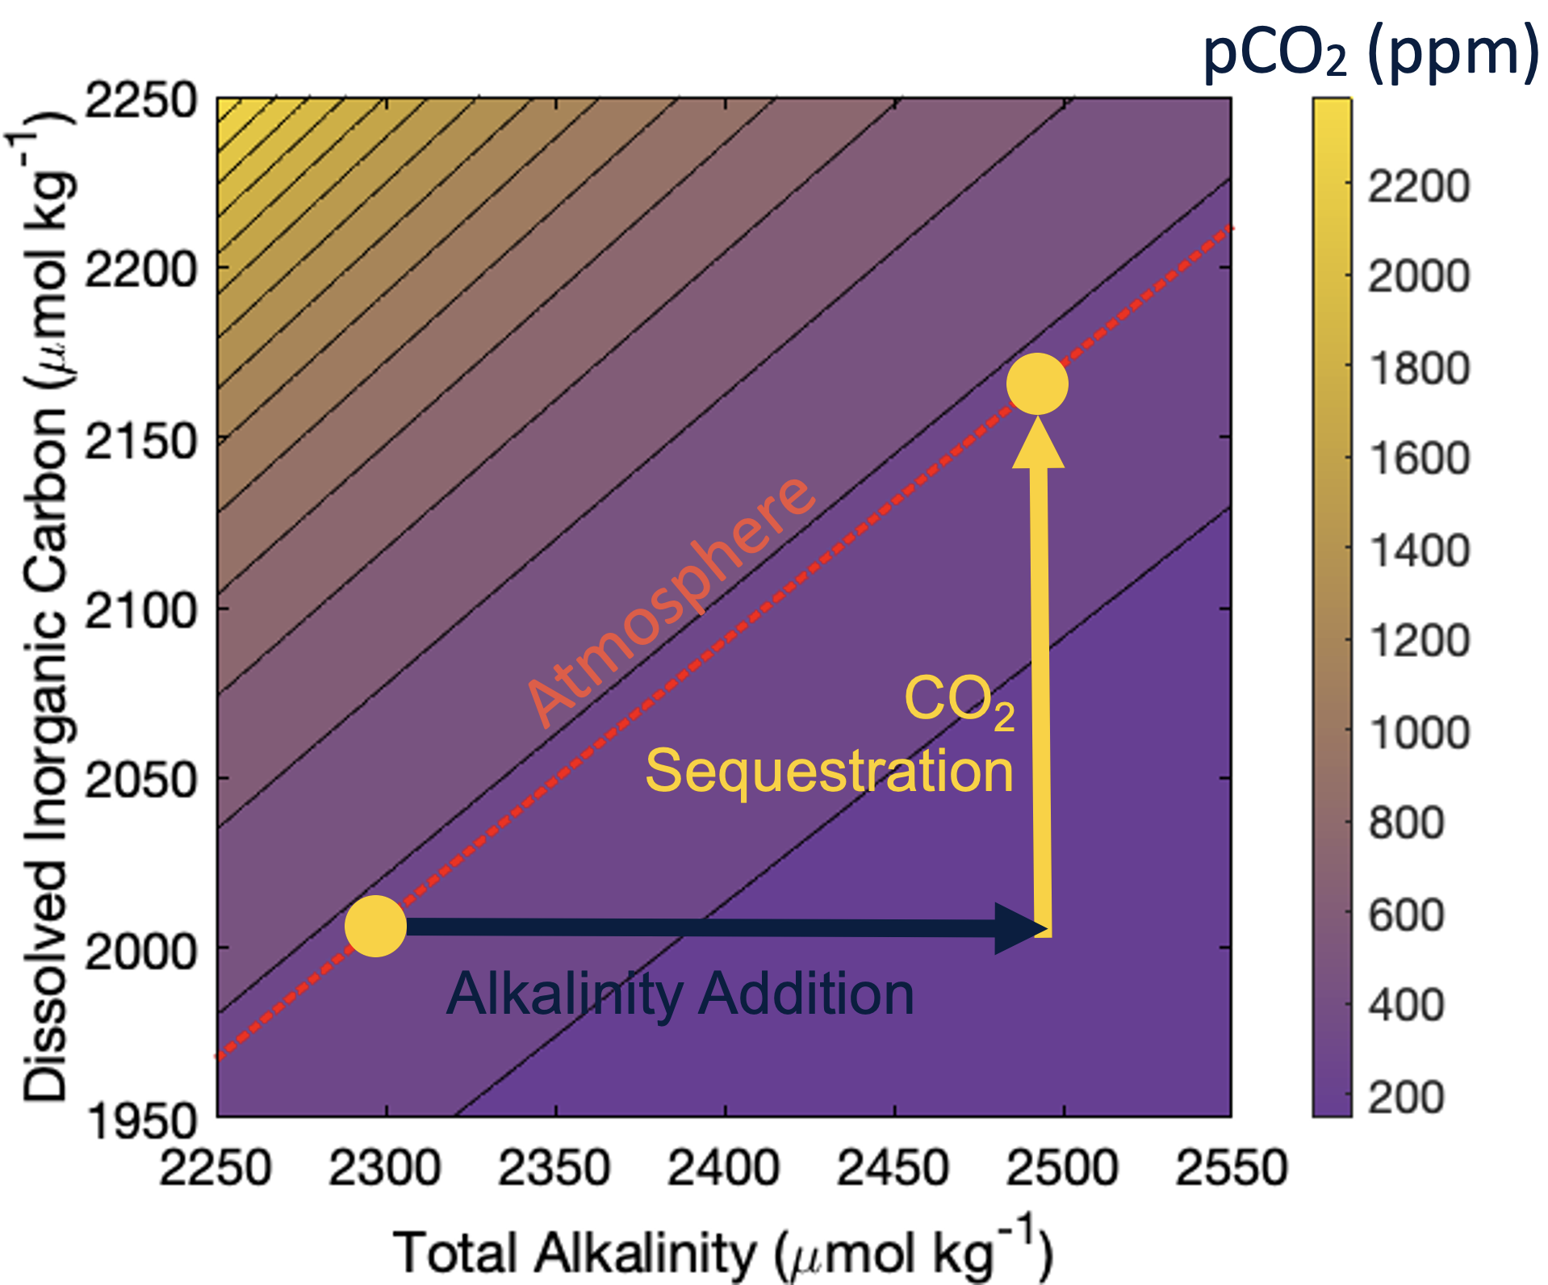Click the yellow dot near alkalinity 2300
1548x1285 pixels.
tap(375, 926)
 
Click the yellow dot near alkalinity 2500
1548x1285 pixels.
tap(1037, 383)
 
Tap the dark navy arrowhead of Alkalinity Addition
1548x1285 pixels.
tap(1021, 928)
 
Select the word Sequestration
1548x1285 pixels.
tap(829, 771)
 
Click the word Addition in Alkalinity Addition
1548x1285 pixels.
tap(806, 994)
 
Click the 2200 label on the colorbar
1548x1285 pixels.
tap(1418, 186)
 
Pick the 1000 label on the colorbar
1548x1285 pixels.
tap(1418, 733)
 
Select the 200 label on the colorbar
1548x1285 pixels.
tap(1406, 1097)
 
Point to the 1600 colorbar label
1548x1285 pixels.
tap(1418, 458)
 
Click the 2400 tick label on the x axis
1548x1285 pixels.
tap(723, 1168)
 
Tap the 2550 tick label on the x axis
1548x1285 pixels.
tap(1231, 1168)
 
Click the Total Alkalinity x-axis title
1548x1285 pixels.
tap(723, 1251)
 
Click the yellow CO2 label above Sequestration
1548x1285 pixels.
tap(959, 701)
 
